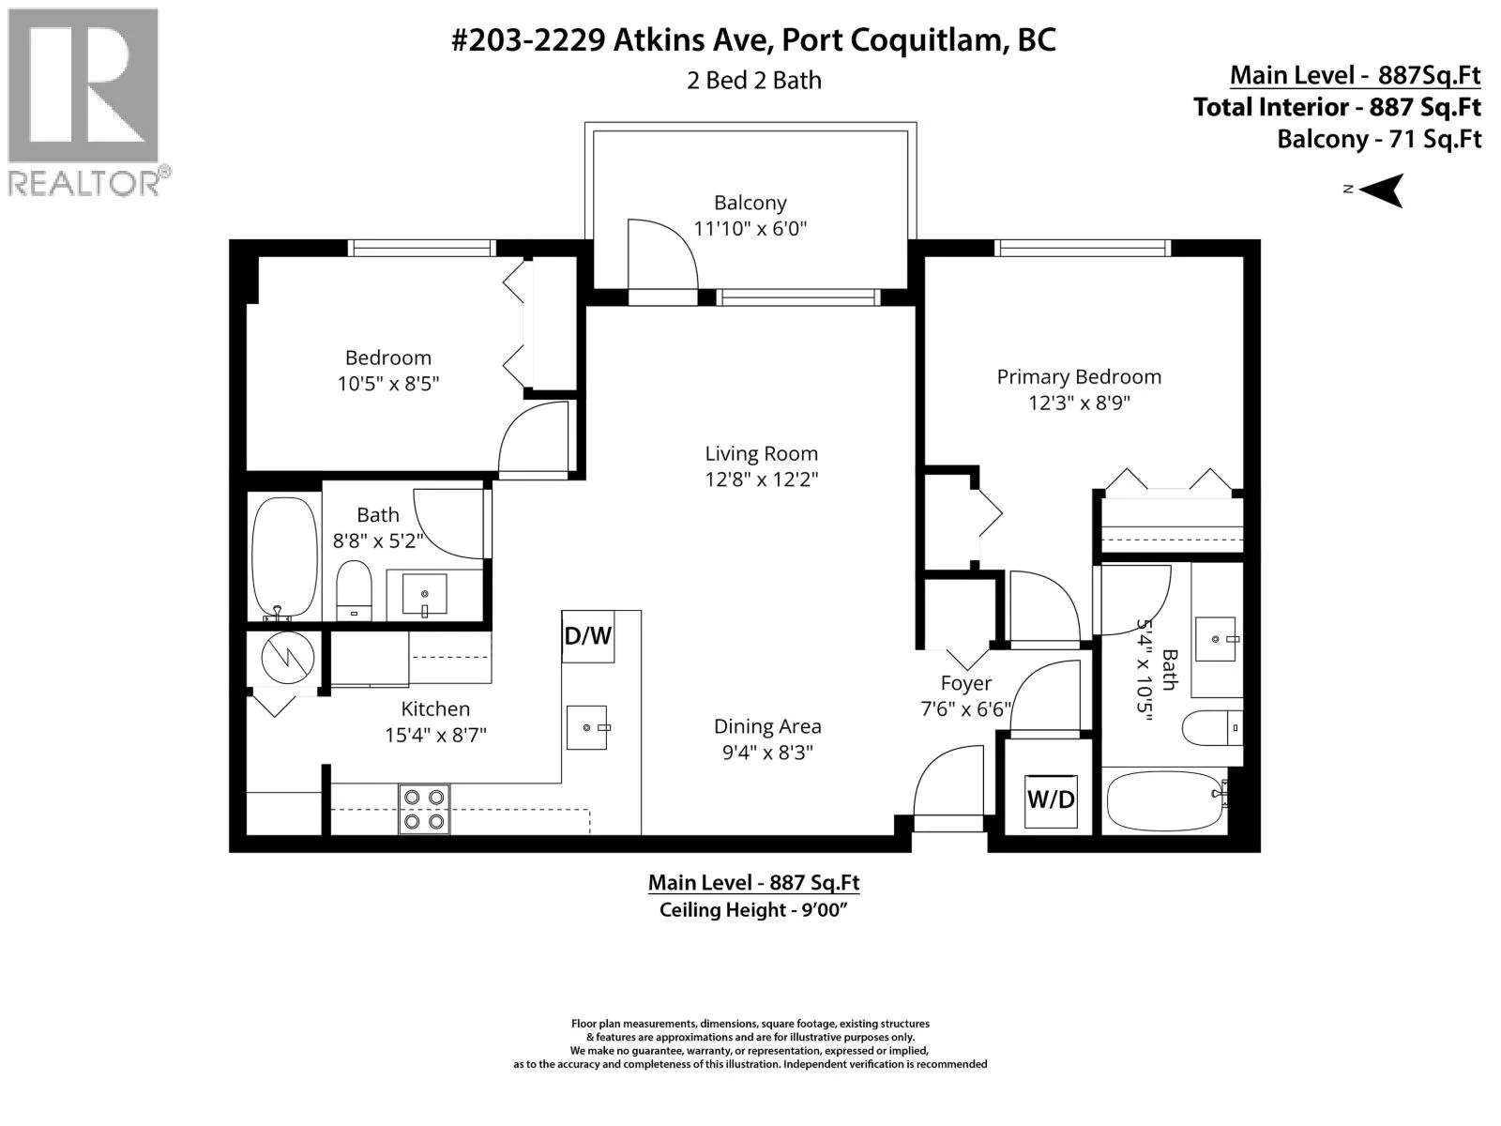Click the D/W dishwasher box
[587, 636]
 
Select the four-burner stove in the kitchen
[424, 809]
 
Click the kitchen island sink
[587, 727]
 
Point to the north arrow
[1381, 190]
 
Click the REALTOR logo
[86, 102]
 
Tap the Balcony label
[750, 203]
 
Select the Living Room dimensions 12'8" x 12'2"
[761, 479]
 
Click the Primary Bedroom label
[1079, 376]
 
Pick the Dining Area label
[767, 726]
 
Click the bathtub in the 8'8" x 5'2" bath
[284, 558]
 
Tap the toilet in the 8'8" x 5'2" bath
[354, 590]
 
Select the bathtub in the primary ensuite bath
[1167, 801]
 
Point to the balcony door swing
[662, 254]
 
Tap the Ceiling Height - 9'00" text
[753, 910]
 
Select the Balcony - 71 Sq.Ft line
[1379, 140]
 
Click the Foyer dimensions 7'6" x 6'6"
[965, 709]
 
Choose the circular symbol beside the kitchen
[288, 657]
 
